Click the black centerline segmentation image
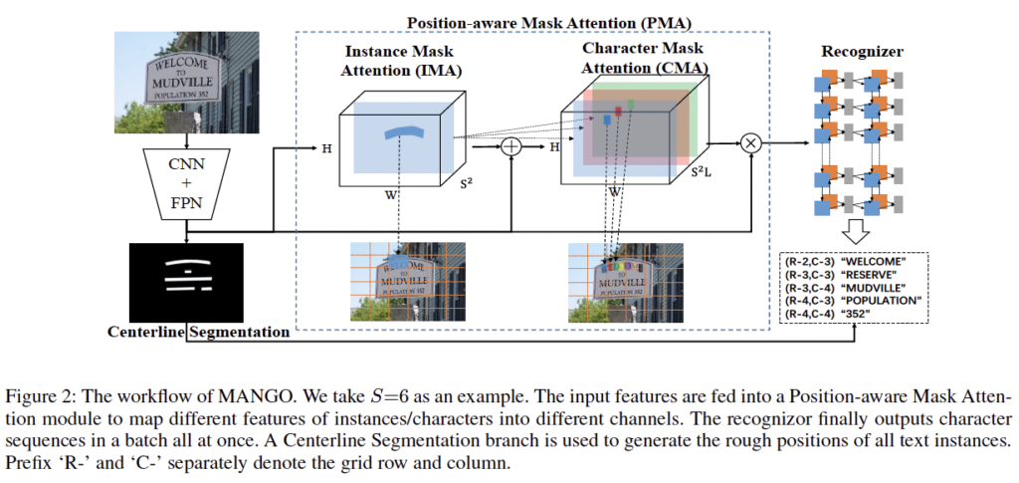(186, 282)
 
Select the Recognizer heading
(863, 51)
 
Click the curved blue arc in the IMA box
(397, 128)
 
